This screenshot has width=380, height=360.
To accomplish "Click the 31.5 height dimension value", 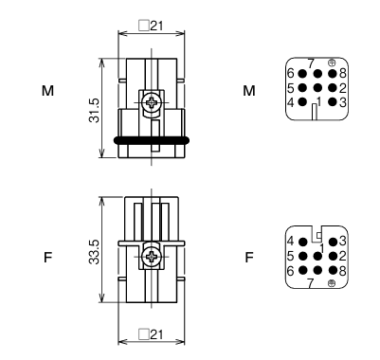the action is [x=94, y=110].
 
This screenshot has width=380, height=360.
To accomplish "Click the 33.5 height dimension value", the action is [x=94, y=252].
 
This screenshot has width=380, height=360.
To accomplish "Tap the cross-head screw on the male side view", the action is [x=152, y=102].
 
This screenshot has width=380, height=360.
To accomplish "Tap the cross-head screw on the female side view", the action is [x=152, y=257].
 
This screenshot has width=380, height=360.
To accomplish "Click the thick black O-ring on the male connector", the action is [x=152, y=140].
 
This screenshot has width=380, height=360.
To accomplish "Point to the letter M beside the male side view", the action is [x=47, y=91].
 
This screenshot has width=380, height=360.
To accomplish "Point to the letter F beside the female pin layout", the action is [x=249, y=258].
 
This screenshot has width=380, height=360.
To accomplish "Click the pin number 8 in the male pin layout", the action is [x=343, y=74].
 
